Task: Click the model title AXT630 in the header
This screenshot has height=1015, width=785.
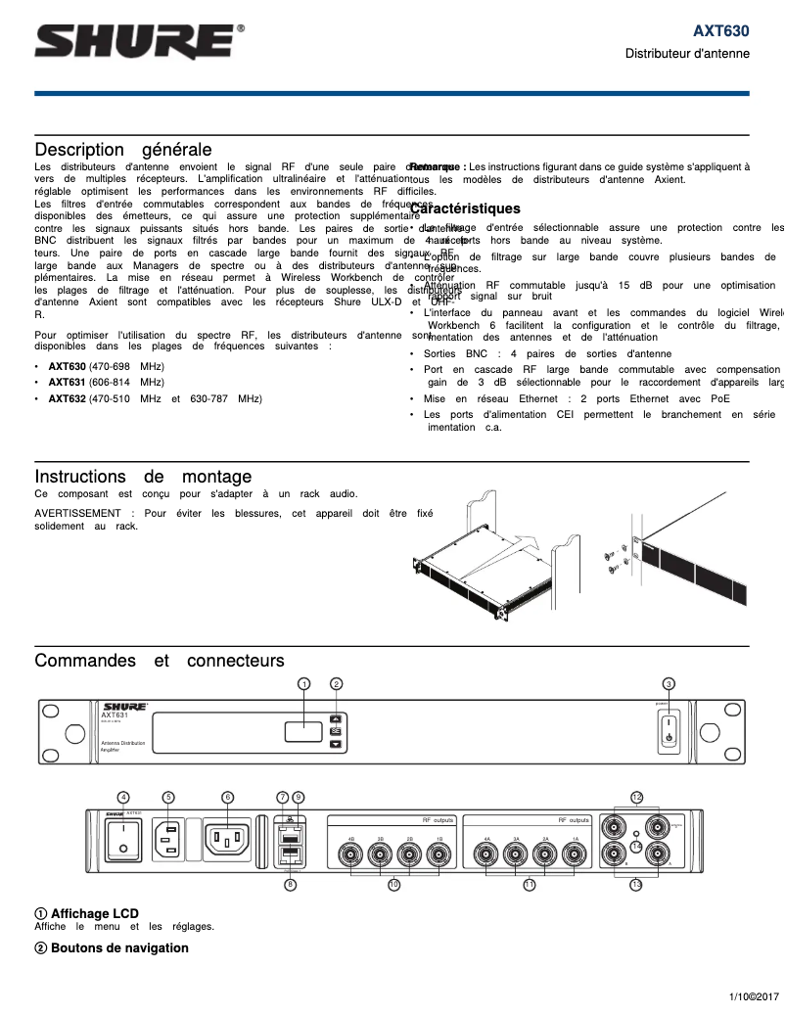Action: tap(721, 31)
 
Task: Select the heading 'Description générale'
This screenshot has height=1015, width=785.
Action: tap(123, 150)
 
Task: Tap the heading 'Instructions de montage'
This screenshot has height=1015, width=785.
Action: tap(143, 477)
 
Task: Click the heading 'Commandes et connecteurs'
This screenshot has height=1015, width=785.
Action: tap(160, 661)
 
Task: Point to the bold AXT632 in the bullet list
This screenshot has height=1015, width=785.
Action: tap(68, 398)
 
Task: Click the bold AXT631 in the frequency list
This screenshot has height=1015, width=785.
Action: tap(68, 382)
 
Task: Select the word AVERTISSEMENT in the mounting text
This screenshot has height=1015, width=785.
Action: tap(83, 512)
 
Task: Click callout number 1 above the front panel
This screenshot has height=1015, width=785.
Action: tap(304, 683)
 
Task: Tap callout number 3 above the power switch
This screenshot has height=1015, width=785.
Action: tap(669, 683)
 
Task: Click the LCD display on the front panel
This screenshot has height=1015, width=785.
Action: tap(303, 731)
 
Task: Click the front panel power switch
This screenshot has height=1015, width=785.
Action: tap(669, 730)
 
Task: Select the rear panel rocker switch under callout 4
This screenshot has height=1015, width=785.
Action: tap(124, 837)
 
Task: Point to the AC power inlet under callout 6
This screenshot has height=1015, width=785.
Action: tap(228, 838)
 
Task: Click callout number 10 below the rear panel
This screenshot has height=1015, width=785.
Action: tap(393, 884)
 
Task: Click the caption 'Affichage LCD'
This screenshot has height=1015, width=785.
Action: tap(94, 913)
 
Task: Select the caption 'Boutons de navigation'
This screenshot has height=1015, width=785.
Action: tap(118, 947)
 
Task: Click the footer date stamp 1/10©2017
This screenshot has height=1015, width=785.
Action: tap(752, 996)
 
